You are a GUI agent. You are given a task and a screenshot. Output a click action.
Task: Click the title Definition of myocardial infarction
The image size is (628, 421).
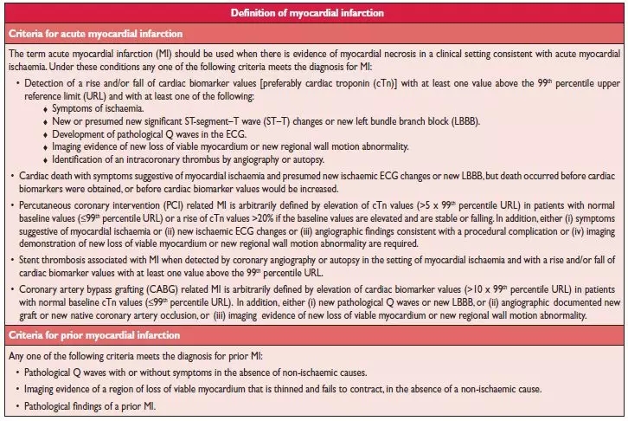click(x=314, y=13)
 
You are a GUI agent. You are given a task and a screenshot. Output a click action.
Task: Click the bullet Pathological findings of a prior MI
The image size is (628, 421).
click(x=97, y=407)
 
